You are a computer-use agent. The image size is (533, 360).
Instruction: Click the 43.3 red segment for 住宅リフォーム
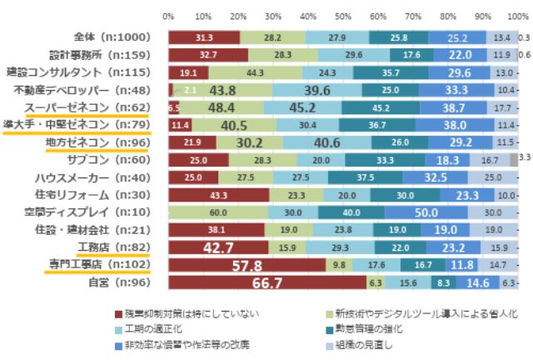[x=218, y=195]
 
